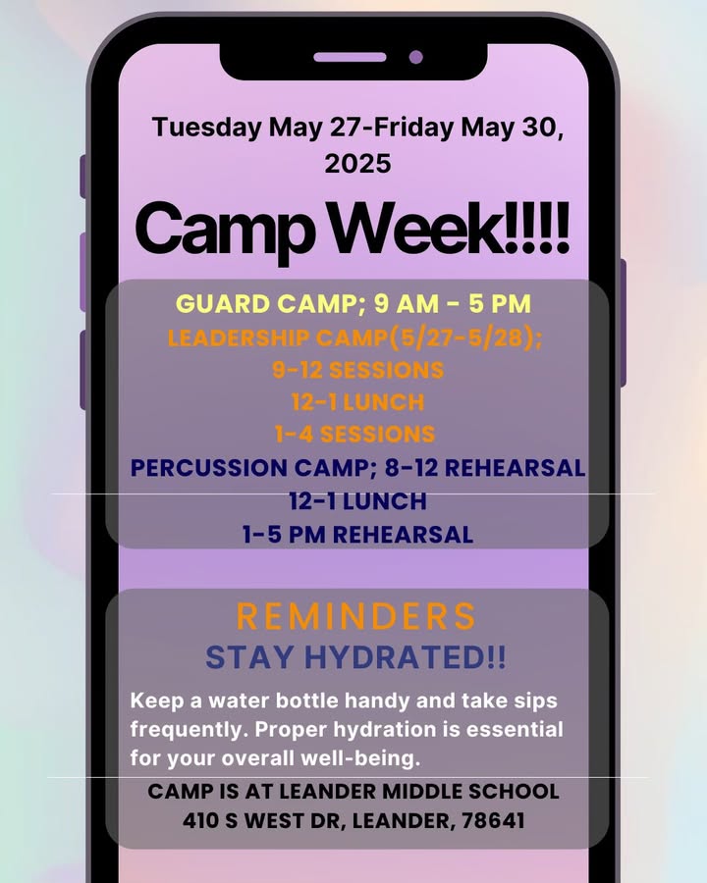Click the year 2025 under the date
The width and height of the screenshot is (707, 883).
(357, 163)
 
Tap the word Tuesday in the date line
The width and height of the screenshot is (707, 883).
(207, 128)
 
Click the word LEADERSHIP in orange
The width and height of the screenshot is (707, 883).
(238, 338)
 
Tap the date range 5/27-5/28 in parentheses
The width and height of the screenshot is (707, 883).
(462, 338)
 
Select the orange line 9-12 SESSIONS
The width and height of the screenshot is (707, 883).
(358, 370)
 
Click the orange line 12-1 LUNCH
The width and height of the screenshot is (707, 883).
(358, 402)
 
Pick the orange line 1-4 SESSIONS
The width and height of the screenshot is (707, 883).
(355, 435)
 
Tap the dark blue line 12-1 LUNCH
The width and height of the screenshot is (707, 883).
(358, 501)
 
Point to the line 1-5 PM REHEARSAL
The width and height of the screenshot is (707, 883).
(358, 535)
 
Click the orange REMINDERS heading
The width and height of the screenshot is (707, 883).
(356, 616)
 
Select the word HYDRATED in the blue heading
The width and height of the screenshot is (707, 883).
(405, 657)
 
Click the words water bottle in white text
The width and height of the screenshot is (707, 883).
(273, 701)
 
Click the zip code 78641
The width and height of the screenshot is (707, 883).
(493, 820)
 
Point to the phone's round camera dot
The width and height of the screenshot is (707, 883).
(416, 57)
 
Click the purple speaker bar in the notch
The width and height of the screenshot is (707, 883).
(350, 57)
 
